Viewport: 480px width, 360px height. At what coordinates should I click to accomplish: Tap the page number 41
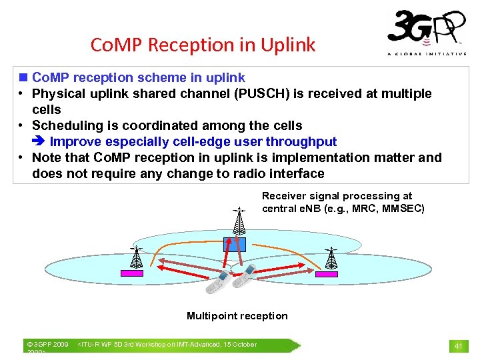tap(458, 346)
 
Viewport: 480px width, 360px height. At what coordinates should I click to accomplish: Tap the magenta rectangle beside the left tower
tap(131, 273)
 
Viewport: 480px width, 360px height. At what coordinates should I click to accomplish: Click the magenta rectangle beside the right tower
tap(326, 274)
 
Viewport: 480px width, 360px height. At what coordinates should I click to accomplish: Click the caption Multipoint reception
tap(237, 316)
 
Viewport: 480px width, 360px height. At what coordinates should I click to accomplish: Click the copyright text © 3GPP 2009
tap(47, 345)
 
